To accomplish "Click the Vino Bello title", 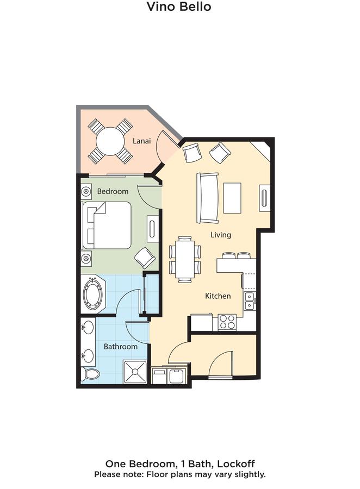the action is [179, 6].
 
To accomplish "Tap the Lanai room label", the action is [142, 141].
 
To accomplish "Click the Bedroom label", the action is [113, 191].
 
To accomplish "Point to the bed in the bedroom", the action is [107, 225].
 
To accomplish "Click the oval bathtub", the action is [93, 294].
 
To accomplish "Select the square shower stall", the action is [135, 372].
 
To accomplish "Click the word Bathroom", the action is [121, 347].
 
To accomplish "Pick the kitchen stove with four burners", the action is [227, 322].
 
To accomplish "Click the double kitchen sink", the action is [250, 301].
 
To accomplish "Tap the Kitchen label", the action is [218, 296].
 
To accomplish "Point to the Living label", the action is [221, 235].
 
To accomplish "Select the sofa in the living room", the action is [207, 198].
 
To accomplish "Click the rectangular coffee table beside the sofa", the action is [232, 198].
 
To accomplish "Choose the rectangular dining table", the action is [185, 259].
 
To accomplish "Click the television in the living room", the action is [264, 198].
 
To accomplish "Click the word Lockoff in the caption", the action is [236, 464].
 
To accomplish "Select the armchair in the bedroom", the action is [145, 258].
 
